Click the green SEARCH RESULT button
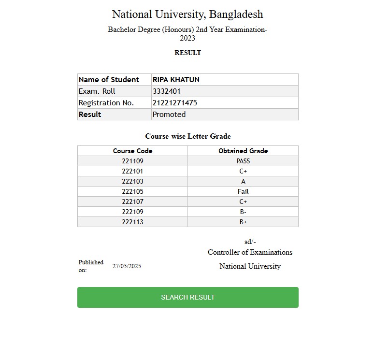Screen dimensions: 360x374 187,297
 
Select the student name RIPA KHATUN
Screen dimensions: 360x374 176,80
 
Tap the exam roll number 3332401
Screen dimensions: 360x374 167,91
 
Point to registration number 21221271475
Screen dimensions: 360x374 174,103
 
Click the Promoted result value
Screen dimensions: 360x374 169,115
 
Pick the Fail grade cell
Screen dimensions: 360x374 243,191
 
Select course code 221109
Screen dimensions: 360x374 132,161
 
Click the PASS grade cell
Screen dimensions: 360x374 243,161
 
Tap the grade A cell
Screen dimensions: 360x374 243,181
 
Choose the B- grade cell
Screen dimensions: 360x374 243,212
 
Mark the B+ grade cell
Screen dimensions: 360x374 243,222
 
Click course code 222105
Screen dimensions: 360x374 132,191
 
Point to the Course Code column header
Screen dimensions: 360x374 132,151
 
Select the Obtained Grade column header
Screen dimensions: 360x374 243,151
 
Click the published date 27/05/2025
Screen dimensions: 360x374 127,266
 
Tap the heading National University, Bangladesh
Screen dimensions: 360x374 187,14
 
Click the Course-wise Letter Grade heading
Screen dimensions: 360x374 187,136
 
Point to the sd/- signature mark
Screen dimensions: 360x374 250,242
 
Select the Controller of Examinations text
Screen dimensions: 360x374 250,252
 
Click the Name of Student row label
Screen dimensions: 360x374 109,80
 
